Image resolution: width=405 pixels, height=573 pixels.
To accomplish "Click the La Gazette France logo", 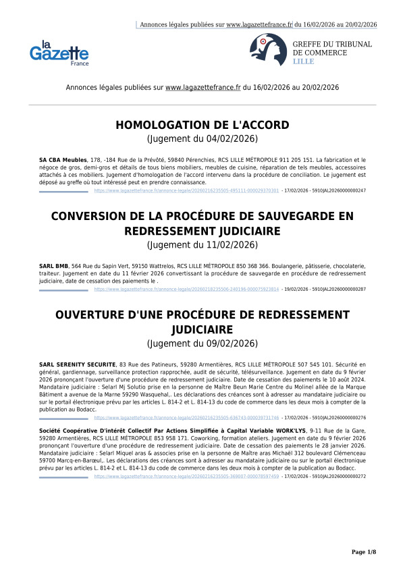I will tap(59, 53).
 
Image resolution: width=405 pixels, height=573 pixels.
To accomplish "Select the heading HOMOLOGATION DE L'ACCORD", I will tap(202, 126).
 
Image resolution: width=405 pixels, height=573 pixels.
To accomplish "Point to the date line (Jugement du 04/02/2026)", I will tap(202, 139).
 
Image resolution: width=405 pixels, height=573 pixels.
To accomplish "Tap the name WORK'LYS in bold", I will tap(288, 430).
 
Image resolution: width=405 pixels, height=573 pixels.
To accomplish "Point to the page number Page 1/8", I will tap(364, 552).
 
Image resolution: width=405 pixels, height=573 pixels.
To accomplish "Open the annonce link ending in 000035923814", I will tap(186, 289).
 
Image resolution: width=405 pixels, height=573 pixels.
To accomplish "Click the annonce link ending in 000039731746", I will tap(186, 418).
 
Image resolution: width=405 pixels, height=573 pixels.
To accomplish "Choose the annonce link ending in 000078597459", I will tap(186, 476).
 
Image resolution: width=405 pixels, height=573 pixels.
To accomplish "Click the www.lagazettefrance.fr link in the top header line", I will tap(259, 24).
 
